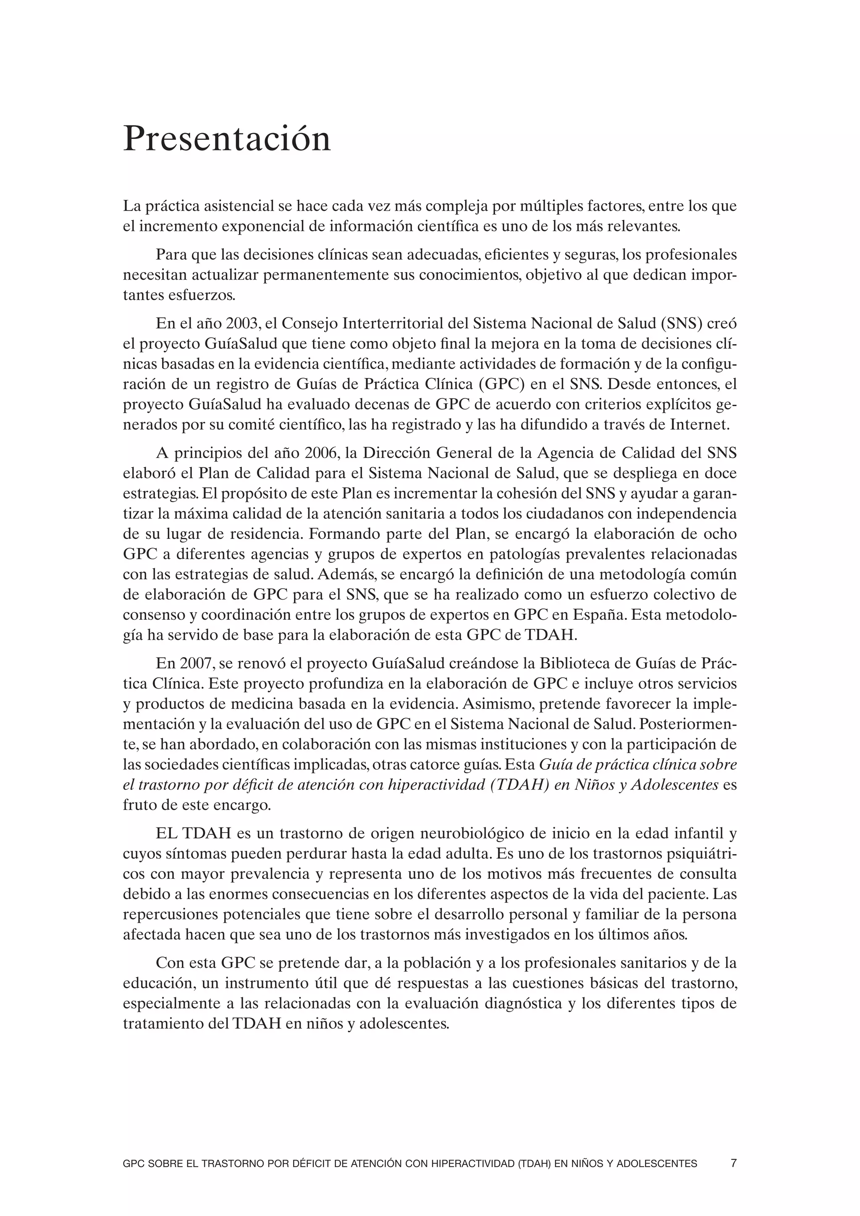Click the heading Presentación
227,139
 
